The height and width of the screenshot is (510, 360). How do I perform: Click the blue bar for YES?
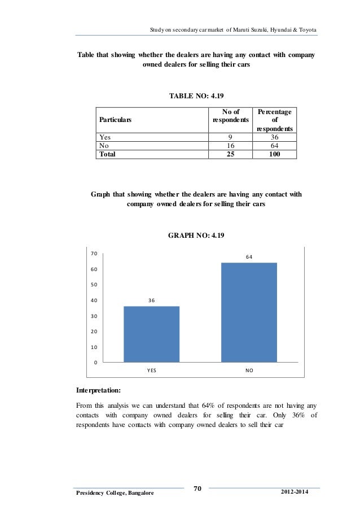pyautogui.click(x=151, y=333)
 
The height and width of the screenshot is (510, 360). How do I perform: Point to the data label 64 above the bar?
pyautogui.click(x=249, y=257)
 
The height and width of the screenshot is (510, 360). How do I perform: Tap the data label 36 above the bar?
pyautogui.click(x=151, y=300)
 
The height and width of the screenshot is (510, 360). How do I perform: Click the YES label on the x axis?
pyautogui.click(x=151, y=371)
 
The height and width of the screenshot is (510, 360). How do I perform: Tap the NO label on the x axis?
pyautogui.click(x=249, y=371)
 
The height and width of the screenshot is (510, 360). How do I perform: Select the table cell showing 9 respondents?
pyautogui.click(x=230, y=137)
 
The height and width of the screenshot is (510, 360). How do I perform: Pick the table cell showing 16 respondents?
pyautogui.click(x=230, y=145)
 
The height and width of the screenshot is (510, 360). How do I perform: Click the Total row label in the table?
pyautogui.click(x=107, y=153)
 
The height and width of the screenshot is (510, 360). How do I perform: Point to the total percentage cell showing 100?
pyautogui.click(x=274, y=153)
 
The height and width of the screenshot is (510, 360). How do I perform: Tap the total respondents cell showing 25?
pyautogui.click(x=230, y=153)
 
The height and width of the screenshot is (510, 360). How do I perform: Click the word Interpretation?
pyautogui.click(x=99, y=390)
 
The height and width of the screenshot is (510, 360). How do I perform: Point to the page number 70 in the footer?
pyautogui.click(x=197, y=489)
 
